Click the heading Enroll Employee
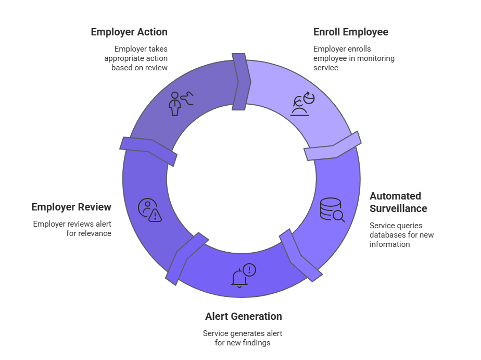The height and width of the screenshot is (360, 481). coord(350,32)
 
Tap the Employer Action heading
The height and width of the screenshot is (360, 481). coord(129,32)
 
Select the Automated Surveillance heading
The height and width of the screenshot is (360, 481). coord(398,202)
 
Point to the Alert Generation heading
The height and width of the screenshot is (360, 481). coord(244,316)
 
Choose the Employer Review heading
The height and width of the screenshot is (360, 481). coord(71,207)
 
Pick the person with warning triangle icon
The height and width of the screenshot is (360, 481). coord(149,210)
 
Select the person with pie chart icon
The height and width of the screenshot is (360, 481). coord(301,103)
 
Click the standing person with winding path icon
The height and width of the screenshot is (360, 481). coord(181,103)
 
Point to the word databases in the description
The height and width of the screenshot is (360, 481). coord(388,235)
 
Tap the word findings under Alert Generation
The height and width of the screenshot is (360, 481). coord(256,343)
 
